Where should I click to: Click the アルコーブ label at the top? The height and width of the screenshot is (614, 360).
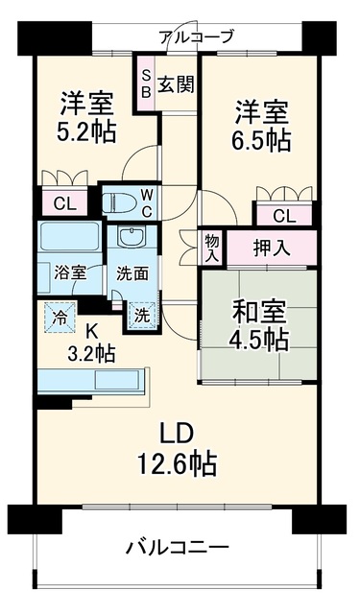pos(196,37)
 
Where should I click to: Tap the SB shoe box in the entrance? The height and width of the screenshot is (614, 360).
pos(145,83)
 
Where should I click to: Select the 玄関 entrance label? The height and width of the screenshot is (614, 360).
pos(176,83)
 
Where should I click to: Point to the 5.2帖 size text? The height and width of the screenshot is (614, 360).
pos(86,132)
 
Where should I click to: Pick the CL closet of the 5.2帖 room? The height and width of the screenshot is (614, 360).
pos(65,202)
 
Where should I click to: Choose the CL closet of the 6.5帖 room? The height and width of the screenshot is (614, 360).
pos(284,215)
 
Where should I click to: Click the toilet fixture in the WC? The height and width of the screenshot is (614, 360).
pos(119,202)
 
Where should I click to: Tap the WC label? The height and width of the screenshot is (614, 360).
pos(147,202)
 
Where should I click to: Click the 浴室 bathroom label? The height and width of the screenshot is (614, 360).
pos(70,272)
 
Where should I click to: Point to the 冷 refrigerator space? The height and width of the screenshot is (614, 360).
pos(60,318)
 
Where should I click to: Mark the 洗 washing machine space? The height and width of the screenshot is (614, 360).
pos(143,316)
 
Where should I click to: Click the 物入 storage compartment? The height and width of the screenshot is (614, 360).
pos(211,248)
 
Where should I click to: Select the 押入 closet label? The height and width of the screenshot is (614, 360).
pos(272,248)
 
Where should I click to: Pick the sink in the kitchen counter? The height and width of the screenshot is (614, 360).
pos(117,379)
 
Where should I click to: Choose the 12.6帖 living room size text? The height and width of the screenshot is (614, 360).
pos(177,464)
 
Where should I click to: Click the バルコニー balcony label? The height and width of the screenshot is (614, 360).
pos(177,547)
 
